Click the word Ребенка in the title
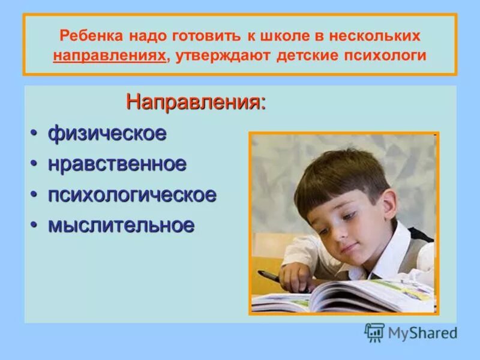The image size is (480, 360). pyautogui.click(x=89, y=35)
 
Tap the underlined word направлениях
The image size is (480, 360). pyautogui.click(x=109, y=56)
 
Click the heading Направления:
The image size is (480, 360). pyautogui.click(x=196, y=101)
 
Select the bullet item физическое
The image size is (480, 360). pyautogui.click(x=107, y=134)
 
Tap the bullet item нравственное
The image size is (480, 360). pyautogui.click(x=117, y=164)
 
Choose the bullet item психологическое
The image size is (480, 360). pyautogui.click(x=131, y=194)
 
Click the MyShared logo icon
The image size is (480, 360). pyautogui.click(x=374, y=332)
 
